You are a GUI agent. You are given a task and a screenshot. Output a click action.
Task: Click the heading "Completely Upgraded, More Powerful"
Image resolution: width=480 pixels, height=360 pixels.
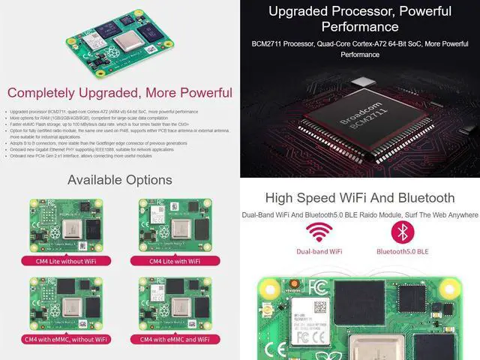(x=120, y=93)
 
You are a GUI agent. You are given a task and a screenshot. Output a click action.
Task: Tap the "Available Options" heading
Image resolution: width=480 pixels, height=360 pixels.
(x=120, y=180)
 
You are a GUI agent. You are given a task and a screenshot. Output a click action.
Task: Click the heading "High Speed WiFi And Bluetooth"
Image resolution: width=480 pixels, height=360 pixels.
(x=359, y=198)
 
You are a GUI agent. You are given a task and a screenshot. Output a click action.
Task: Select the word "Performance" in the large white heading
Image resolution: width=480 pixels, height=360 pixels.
(x=359, y=27)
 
